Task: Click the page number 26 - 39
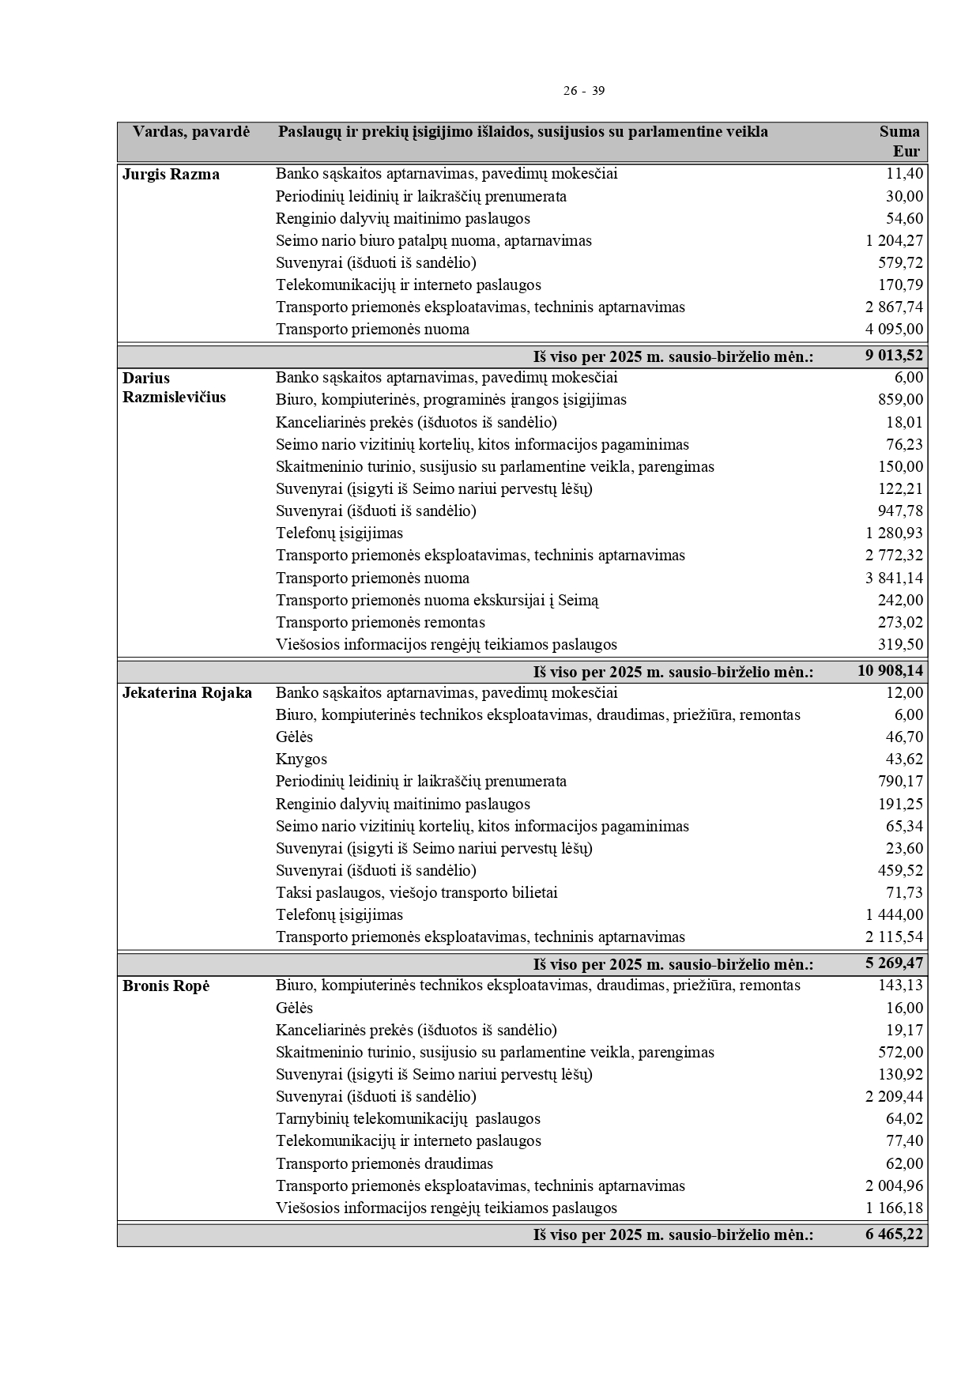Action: pyautogui.click(x=583, y=91)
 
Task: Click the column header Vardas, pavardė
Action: pyautogui.click(x=190, y=132)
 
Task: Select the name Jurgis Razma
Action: pyautogui.click(x=171, y=175)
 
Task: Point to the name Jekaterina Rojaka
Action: pyautogui.click(x=187, y=694)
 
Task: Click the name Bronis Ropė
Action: pyautogui.click(x=166, y=986)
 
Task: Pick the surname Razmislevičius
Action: pyautogui.click(x=174, y=398)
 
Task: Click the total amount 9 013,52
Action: pyautogui.click(x=894, y=356)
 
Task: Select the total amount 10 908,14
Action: pyautogui.click(x=890, y=672)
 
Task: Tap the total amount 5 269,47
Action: pyautogui.click(x=894, y=964)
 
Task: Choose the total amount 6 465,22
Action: pyautogui.click(x=894, y=1234)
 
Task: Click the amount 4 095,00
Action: pyautogui.click(x=894, y=330)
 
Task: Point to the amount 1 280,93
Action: pyautogui.click(x=894, y=533)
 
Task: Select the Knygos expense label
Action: pyautogui.click(x=301, y=759)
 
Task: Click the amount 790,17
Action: pyautogui.click(x=900, y=782)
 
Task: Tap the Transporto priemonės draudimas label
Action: pyautogui.click(x=384, y=1164)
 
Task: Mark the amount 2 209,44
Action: pyautogui.click(x=894, y=1097)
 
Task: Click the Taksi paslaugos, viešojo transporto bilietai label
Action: pyautogui.click(x=416, y=893)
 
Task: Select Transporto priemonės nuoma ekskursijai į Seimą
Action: pyautogui.click(x=437, y=601)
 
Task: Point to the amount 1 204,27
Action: pyautogui.click(x=894, y=241)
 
